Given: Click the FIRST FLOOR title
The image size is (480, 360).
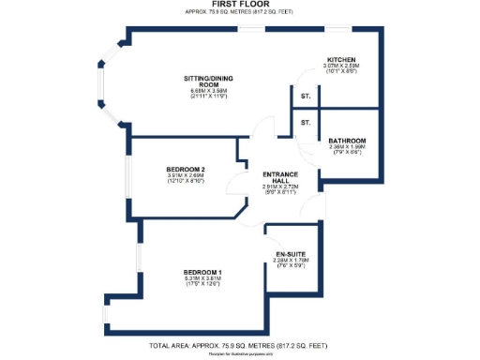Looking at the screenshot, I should (x=239, y=5).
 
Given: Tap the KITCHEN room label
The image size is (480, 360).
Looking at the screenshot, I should (x=339, y=59).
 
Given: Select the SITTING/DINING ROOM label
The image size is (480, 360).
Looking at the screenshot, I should (x=209, y=82).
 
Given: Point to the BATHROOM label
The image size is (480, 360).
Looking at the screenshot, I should (x=347, y=141).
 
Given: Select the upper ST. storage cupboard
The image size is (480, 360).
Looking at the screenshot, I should (x=306, y=97).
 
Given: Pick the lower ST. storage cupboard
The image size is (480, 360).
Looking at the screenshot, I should (x=306, y=123).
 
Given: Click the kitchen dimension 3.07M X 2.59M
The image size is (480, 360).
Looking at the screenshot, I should (x=340, y=66).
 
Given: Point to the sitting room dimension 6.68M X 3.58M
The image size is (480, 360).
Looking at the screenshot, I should (x=209, y=90).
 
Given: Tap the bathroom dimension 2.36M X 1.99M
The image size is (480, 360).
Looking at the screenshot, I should (x=347, y=147).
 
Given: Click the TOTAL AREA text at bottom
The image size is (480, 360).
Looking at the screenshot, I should (x=239, y=346).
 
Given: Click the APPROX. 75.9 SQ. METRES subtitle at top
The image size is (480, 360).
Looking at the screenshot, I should (x=239, y=13).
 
